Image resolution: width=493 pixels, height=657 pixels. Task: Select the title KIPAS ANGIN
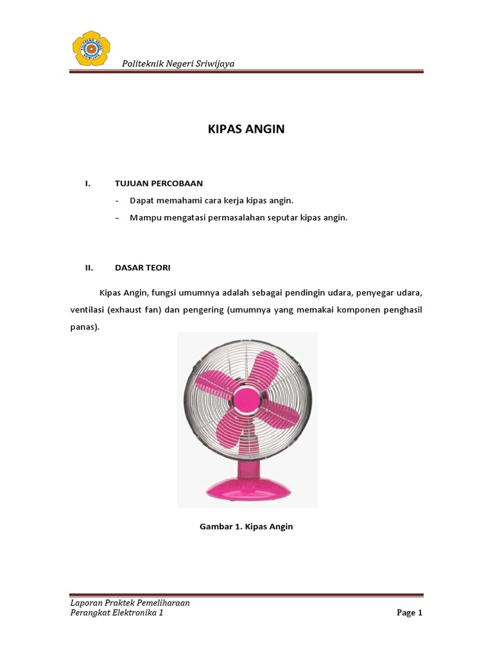246,129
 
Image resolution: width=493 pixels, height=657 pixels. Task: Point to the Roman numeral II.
89,267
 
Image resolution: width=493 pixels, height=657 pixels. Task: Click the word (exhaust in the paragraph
126,310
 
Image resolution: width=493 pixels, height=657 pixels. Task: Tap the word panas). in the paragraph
85,327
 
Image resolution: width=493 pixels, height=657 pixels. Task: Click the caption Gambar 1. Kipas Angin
246,527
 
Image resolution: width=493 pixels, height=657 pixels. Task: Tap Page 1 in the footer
410,613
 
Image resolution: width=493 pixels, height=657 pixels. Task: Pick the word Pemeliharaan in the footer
158,603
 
